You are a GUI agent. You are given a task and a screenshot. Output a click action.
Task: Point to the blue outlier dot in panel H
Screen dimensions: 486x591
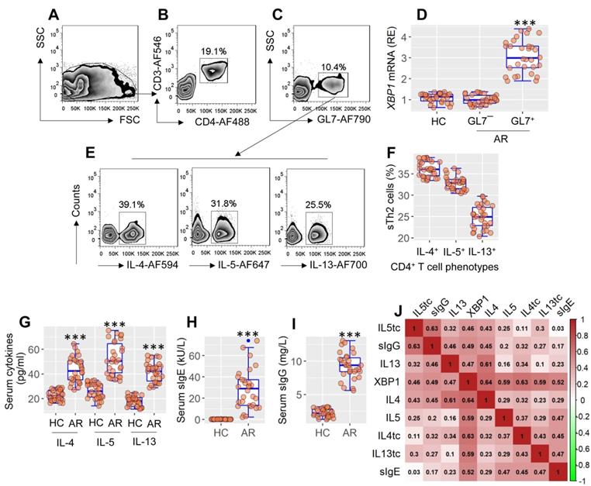click(x=248, y=340)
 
